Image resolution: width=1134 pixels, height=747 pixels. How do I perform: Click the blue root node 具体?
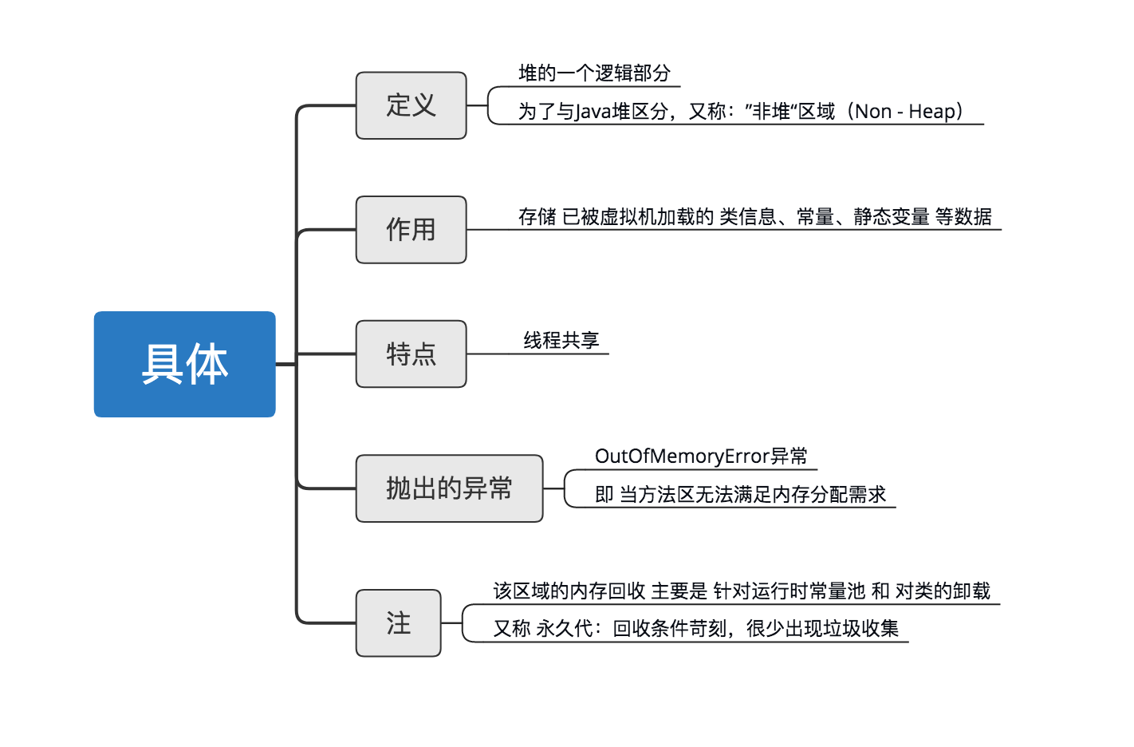[184, 364]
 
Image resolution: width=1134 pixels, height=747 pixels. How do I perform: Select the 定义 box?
[411, 105]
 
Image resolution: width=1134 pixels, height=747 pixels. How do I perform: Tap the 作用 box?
[411, 230]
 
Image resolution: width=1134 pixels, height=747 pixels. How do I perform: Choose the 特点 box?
[411, 354]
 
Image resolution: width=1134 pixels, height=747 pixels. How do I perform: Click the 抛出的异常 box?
[449, 488]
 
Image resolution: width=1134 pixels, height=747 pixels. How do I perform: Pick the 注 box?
[398, 623]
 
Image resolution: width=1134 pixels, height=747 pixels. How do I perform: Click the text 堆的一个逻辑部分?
[594, 73]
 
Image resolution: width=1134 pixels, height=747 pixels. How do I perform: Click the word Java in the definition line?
[593, 112]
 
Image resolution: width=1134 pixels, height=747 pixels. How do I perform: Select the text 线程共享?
[561, 341]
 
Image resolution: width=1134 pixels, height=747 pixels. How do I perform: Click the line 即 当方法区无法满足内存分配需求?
[740, 495]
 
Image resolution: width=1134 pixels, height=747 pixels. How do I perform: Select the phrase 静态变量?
[891, 217]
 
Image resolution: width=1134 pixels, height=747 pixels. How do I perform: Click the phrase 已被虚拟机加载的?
[637, 217]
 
